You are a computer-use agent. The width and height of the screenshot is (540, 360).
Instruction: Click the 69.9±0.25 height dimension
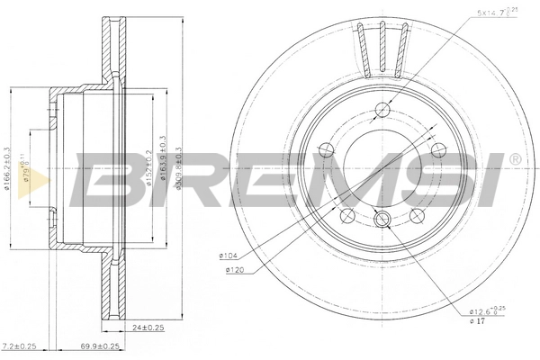coord(100,346)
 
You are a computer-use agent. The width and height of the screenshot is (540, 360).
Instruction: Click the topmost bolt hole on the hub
coord(382,111)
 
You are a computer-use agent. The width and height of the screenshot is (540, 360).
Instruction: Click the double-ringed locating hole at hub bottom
coord(382,219)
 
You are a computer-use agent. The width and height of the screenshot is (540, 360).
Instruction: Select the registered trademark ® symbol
coord(514,159)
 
